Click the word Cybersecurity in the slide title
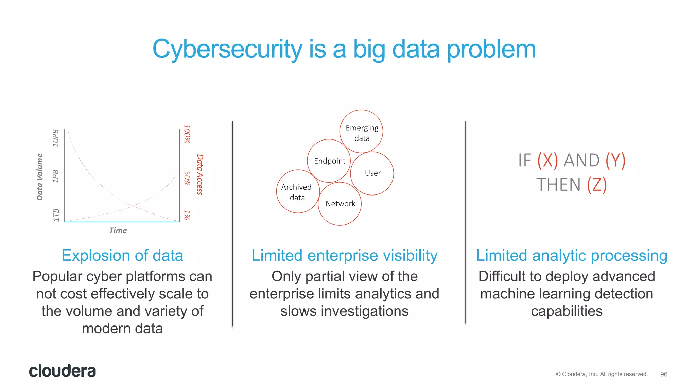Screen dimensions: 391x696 click(x=227, y=50)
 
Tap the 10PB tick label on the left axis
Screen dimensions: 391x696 click(x=56, y=138)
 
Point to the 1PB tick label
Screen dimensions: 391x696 click(x=56, y=176)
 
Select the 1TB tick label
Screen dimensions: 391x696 click(x=56, y=215)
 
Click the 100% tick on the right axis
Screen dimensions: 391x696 click(x=187, y=134)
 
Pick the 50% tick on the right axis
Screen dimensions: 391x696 click(x=187, y=178)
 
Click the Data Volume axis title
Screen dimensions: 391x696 click(x=40, y=177)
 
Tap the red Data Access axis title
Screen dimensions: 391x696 click(x=200, y=174)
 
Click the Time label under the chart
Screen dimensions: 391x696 click(x=118, y=230)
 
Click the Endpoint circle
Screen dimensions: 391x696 click(x=329, y=161)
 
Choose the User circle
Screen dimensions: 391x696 click(x=372, y=173)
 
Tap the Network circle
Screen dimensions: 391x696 click(x=340, y=204)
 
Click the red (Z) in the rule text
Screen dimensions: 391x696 click(x=597, y=185)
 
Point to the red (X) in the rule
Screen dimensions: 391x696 click(x=547, y=161)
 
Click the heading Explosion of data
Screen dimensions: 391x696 click(x=122, y=256)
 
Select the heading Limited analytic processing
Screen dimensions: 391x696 click(x=572, y=256)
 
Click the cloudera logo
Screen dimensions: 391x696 click(x=63, y=371)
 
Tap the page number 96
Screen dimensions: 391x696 click(x=664, y=374)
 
